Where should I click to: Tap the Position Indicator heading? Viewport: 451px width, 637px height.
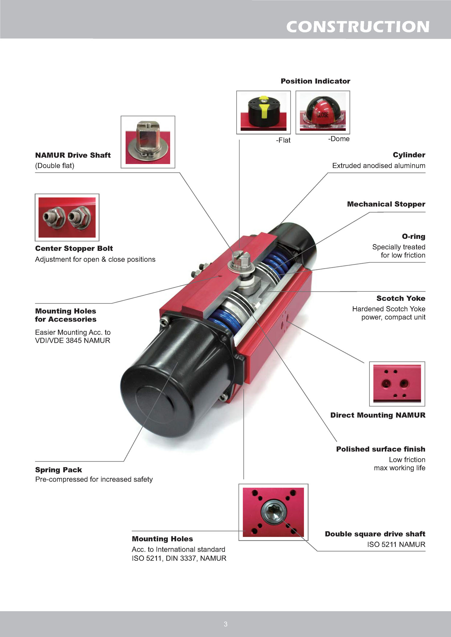(x=315, y=81)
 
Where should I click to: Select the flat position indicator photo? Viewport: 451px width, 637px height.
(x=263, y=112)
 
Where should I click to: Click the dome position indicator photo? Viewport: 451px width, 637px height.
(x=323, y=112)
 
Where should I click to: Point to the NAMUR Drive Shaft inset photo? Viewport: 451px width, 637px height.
(x=148, y=142)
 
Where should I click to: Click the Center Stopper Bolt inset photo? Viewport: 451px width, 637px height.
(x=67, y=217)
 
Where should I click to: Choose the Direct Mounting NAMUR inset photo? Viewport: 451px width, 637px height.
(x=397, y=384)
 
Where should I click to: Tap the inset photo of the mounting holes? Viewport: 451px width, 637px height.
(x=273, y=512)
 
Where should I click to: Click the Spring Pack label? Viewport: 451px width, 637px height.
(x=59, y=470)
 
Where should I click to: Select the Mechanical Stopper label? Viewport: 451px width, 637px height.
(x=386, y=204)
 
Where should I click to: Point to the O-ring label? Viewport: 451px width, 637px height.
(x=413, y=236)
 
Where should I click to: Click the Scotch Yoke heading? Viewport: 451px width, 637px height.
(x=401, y=298)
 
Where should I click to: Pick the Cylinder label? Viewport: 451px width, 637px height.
(x=409, y=155)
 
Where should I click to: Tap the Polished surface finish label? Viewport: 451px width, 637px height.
(x=381, y=449)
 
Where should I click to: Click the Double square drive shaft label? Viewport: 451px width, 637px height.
(x=375, y=534)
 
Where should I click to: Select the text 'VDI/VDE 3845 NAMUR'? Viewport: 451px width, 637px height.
(x=73, y=340)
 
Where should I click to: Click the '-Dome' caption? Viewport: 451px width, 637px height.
(x=339, y=139)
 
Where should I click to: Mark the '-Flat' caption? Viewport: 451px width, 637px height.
(x=283, y=140)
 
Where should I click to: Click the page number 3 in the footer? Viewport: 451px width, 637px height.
(x=226, y=624)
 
